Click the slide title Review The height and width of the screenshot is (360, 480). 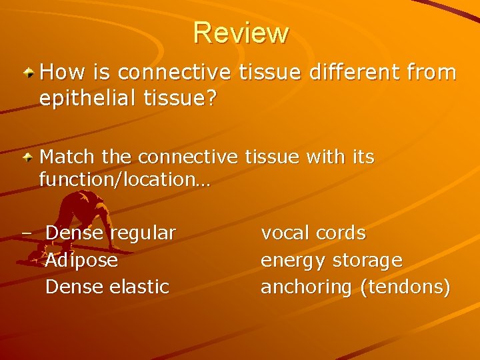[241, 33]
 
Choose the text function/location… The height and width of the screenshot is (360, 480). [125, 179]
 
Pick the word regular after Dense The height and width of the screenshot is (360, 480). [143, 233]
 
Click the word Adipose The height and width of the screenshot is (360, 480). [81, 260]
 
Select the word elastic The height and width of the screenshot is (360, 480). [139, 287]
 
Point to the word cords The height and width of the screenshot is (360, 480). [341, 233]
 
